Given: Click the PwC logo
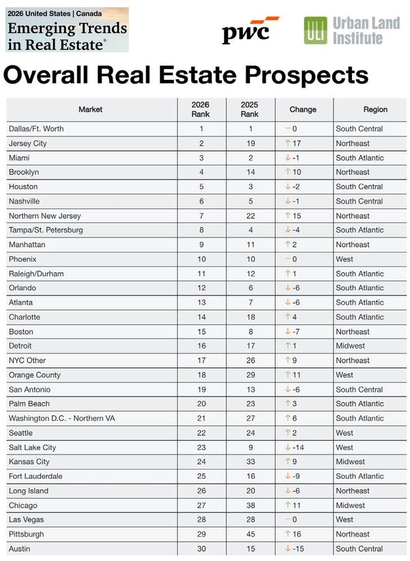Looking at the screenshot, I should pyautogui.click(x=250, y=31).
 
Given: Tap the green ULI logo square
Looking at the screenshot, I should pyautogui.click(x=315, y=31).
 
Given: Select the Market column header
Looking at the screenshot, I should pyautogui.click(x=90, y=110).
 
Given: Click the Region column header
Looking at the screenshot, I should pyautogui.click(x=375, y=110).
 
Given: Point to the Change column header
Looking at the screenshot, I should pyautogui.click(x=303, y=110).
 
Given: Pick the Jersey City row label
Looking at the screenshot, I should pyautogui.click(x=28, y=143).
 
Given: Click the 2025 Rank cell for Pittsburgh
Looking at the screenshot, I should pyautogui.click(x=249, y=534).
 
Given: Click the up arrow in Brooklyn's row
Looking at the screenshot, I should pyautogui.click(x=288, y=172).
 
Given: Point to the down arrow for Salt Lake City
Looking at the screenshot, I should pyautogui.click(x=288, y=448).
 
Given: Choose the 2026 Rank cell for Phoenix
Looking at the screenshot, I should pyautogui.click(x=201, y=259).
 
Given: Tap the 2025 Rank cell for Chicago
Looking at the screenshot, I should pyautogui.click(x=249, y=506).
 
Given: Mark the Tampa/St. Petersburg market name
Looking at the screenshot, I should pyautogui.click(x=46, y=230).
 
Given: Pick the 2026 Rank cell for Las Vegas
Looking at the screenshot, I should pyautogui.click(x=201, y=520).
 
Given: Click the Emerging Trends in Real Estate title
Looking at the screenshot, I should pyautogui.click(x=67, y=36).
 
